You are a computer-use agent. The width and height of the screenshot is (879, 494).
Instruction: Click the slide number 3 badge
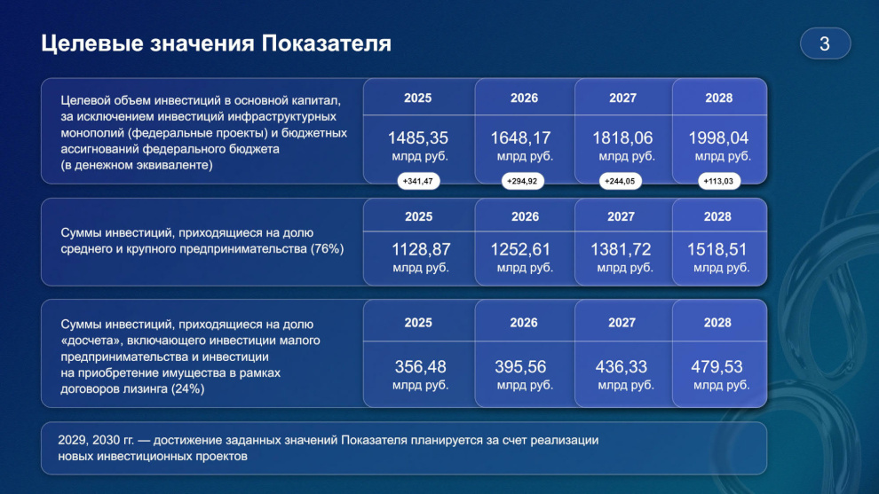pos(825,43)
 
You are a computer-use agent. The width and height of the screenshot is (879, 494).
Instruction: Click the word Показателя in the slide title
pos(326,43)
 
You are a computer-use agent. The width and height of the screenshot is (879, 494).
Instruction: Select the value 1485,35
pos(418,137)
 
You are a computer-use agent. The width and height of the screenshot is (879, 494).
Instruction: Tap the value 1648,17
pos(521,137)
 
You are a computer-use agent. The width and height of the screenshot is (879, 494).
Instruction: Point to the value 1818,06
pos(622,137)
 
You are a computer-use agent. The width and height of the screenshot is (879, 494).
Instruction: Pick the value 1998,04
pos(718,137)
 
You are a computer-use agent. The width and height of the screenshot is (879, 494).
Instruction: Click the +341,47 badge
pos(418,181)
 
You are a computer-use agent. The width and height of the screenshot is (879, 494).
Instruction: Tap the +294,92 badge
pos(522,181)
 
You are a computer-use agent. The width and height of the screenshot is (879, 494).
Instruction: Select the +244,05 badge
pos(620,181)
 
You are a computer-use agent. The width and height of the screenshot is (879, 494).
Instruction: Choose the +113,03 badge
pos(718,181)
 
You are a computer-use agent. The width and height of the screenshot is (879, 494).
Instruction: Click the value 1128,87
pos(421,249)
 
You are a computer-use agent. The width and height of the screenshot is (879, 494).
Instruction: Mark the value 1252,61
pos(521,249)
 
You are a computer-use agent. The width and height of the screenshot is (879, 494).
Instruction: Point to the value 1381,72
pos(621,249)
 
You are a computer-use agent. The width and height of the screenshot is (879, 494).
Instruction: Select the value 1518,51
pos(717,249)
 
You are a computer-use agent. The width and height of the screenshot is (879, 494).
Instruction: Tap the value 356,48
pos(421,367)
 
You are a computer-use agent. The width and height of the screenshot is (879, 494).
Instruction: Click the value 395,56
pos(520,367)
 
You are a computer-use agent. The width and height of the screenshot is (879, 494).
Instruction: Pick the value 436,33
pos(622,367)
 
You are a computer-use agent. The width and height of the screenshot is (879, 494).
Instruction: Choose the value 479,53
pos(717,367)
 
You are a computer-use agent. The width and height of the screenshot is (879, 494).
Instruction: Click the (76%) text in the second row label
pos(327,248)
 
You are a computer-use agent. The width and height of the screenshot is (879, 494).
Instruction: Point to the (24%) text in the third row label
pos(187,388)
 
